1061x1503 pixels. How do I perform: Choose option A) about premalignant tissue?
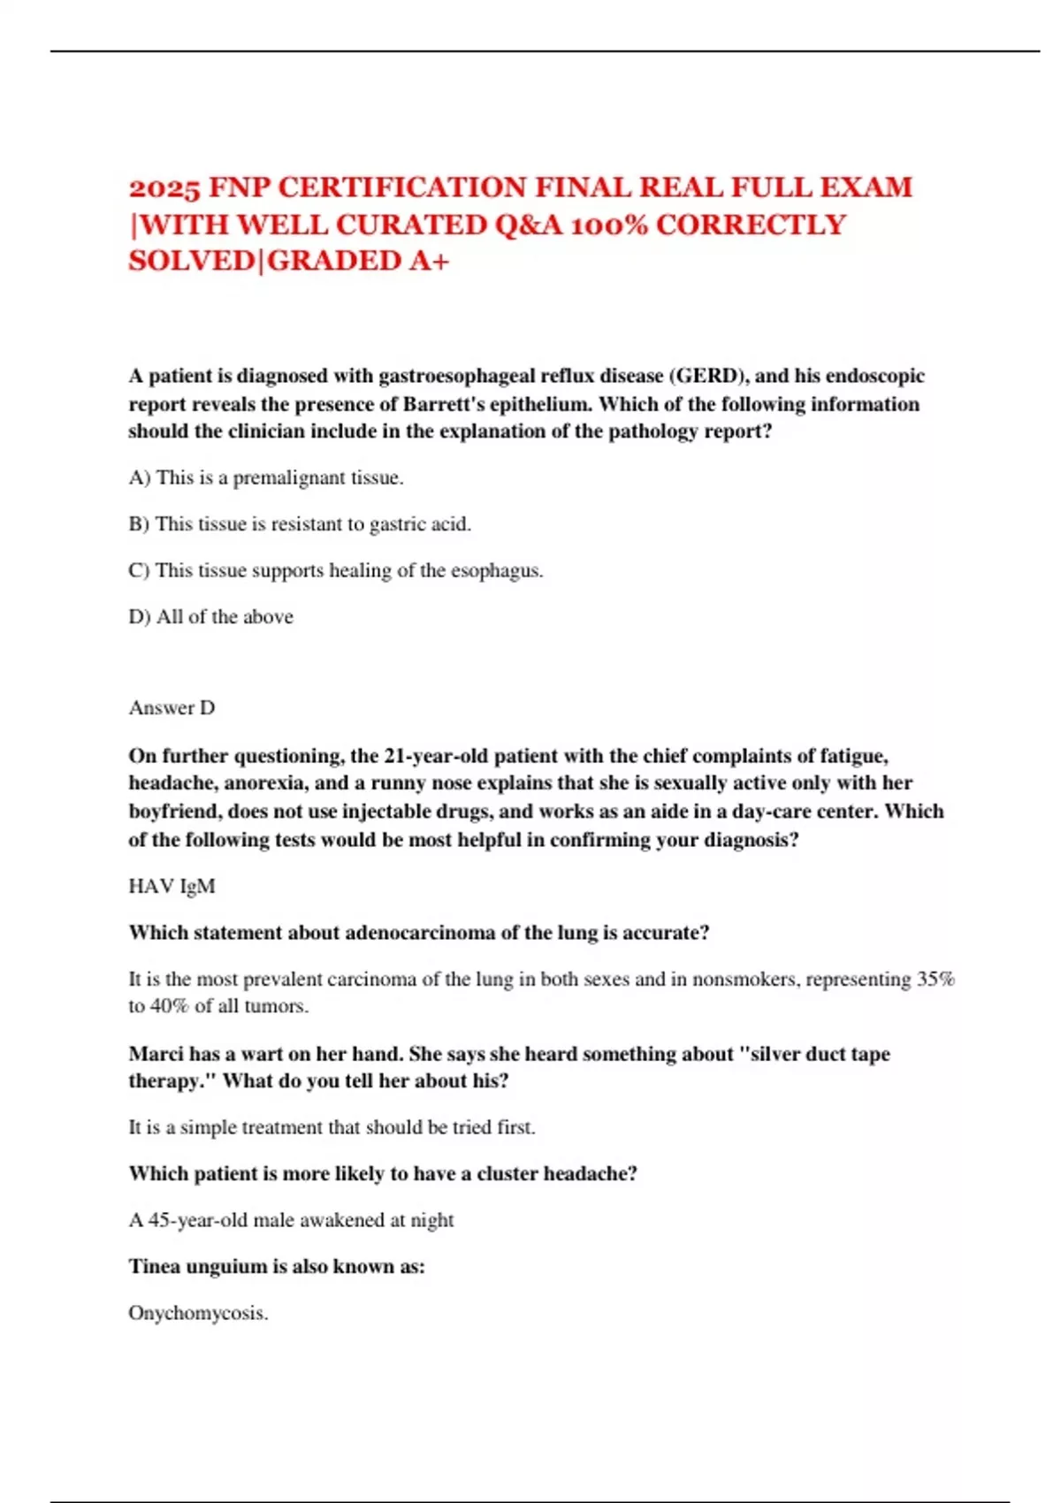266,477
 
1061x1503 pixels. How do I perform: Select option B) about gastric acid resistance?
300,524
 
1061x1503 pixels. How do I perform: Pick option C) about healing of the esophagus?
336,570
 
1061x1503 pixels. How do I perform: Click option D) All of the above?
210,616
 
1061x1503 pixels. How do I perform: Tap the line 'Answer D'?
172,707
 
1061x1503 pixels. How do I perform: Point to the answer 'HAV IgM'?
172,886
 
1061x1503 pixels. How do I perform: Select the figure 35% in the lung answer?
935,980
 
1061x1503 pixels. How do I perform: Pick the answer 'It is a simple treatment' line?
332,1127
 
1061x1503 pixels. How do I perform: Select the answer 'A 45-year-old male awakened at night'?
291,1220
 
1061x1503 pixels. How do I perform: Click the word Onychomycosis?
198,1313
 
